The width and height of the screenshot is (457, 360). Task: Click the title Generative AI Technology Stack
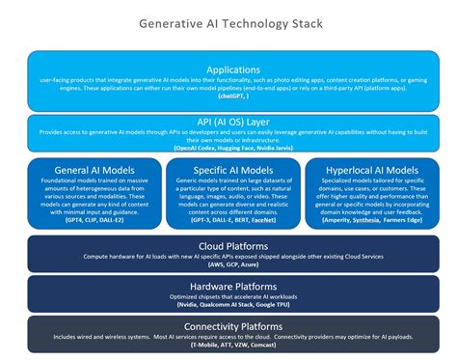pos(228,20)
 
